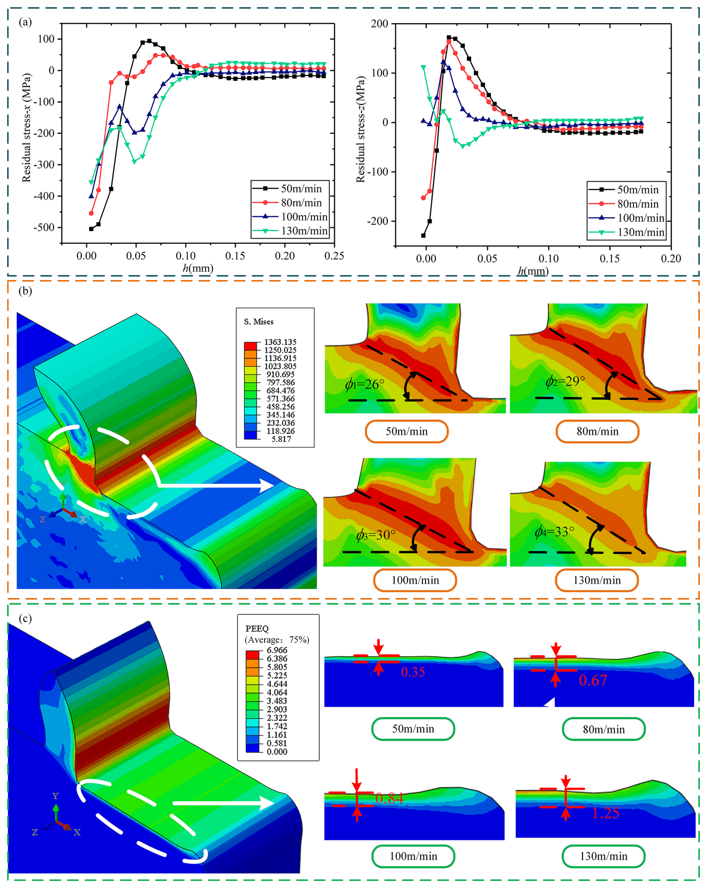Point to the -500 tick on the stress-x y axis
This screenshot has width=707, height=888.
point(46,228)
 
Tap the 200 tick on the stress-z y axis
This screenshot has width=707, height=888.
point(379,24)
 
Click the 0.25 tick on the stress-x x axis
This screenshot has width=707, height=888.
point(334,256)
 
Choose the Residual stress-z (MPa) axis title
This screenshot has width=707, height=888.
point(361,129)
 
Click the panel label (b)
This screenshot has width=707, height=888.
point(25,291)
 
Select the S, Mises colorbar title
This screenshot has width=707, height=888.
point(258,322)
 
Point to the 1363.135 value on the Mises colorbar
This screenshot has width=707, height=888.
point(280,342)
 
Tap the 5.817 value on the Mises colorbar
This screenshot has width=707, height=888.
point(281,439)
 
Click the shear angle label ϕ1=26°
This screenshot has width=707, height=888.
point(364,384)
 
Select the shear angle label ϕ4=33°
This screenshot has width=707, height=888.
point(554,532)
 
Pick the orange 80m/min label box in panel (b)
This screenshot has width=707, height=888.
point(598,431)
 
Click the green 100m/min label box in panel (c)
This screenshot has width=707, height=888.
point(413,856)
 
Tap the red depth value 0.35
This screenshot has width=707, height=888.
point(413,672)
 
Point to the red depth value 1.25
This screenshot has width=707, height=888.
point(605,813)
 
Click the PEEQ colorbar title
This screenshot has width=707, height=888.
point(257,628)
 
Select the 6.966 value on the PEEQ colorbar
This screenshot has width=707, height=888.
point(277,650)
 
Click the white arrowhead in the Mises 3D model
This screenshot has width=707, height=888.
point(266,486)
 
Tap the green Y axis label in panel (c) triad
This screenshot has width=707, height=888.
point(56,796)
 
